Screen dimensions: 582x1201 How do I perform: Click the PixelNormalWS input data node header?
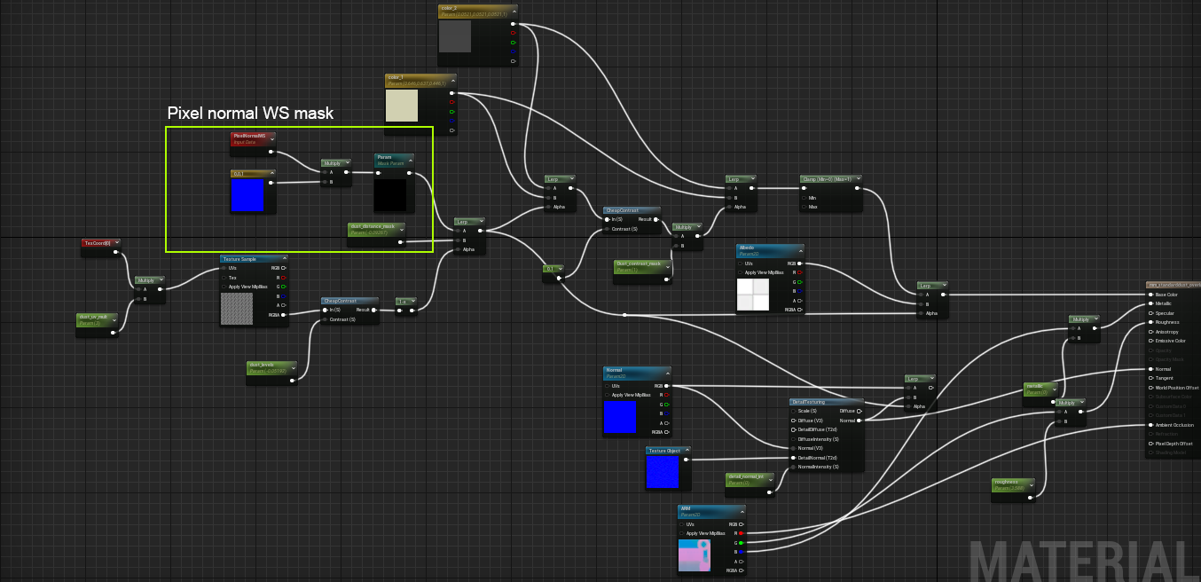point(253,138)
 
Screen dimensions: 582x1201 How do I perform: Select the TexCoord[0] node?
point(100,242)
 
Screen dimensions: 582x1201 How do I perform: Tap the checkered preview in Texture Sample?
point(237,309)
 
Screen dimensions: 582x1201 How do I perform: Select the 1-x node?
point(404,302)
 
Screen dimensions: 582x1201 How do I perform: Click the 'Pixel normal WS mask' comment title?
point(251,114)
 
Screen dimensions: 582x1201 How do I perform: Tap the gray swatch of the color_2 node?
point(455,36)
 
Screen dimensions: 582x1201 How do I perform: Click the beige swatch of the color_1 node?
point(402,106)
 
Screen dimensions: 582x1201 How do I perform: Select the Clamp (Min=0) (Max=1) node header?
point(830,178)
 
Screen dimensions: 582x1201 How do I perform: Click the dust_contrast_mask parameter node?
point(642,265)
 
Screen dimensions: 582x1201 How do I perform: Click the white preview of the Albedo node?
point(752,295)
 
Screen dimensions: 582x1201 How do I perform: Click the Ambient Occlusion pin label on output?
point(1175,425)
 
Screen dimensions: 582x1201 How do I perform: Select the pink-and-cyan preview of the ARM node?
point(695,554)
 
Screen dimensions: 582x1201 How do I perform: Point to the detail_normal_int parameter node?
point(750,479)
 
